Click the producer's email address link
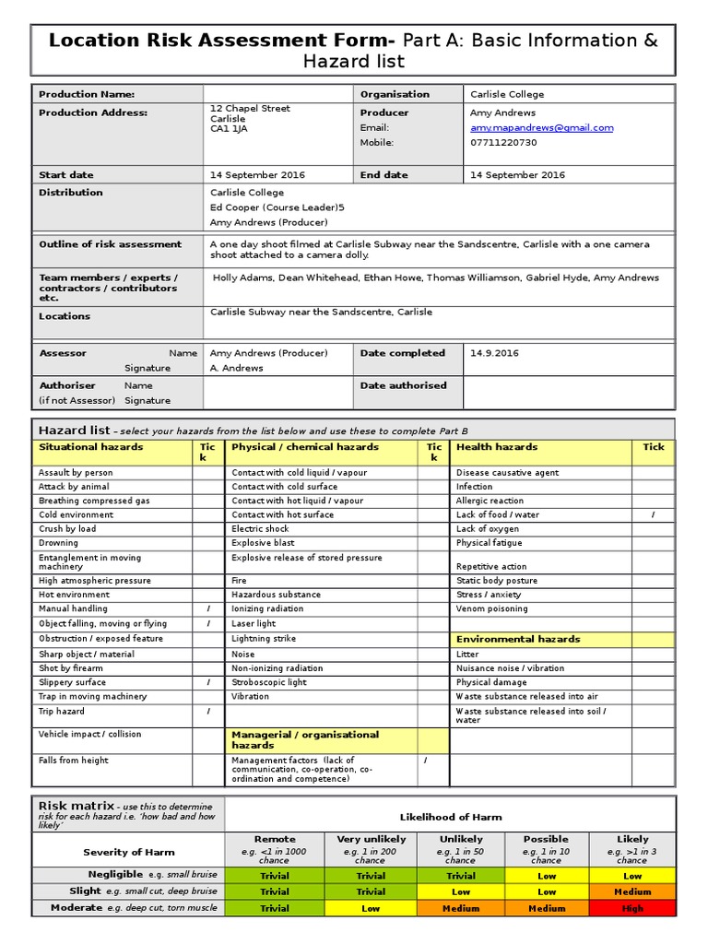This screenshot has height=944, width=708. pyautogui.click(x=541, y=128)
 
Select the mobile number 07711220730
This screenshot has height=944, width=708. pyautogui.click(x=503, y=143)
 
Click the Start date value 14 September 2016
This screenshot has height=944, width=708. pyautogui.click(x=257, y=175)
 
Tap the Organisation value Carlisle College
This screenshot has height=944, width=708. pyautogui.click(x=507, y=94)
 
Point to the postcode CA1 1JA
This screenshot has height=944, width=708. pyautogui.click(x=229, y=129)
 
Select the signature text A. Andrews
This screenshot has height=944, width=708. pyautogui.click(x=237, y=368)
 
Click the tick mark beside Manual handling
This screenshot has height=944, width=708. pyautogui.click(x=208, y=609)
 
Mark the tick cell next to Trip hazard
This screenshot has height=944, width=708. pyautogui.click(x=208, y=712)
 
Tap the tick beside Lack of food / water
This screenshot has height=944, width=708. pyautogui.click(x=653, y=515)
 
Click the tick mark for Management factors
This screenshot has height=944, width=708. pyautogui.click(x=425, y=761)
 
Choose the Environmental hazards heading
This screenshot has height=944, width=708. pyautogui.click(x=518, y=639)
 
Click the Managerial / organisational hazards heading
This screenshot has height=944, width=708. pyautogui.click(x=304, y=739)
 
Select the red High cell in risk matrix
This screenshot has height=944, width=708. pyautogui.click(x=632, y=908)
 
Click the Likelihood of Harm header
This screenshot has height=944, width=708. pyautogui.click(x=450, y=818)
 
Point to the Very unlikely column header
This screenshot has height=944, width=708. pyautogui.click(x=371, y=840)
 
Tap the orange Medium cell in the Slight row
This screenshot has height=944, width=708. pyautogui.click(x=632, y=891)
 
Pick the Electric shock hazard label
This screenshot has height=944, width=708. pyautogui.click(x=261, y=529)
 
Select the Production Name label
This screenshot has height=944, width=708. pyautogui.click(x=87, y=94)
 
